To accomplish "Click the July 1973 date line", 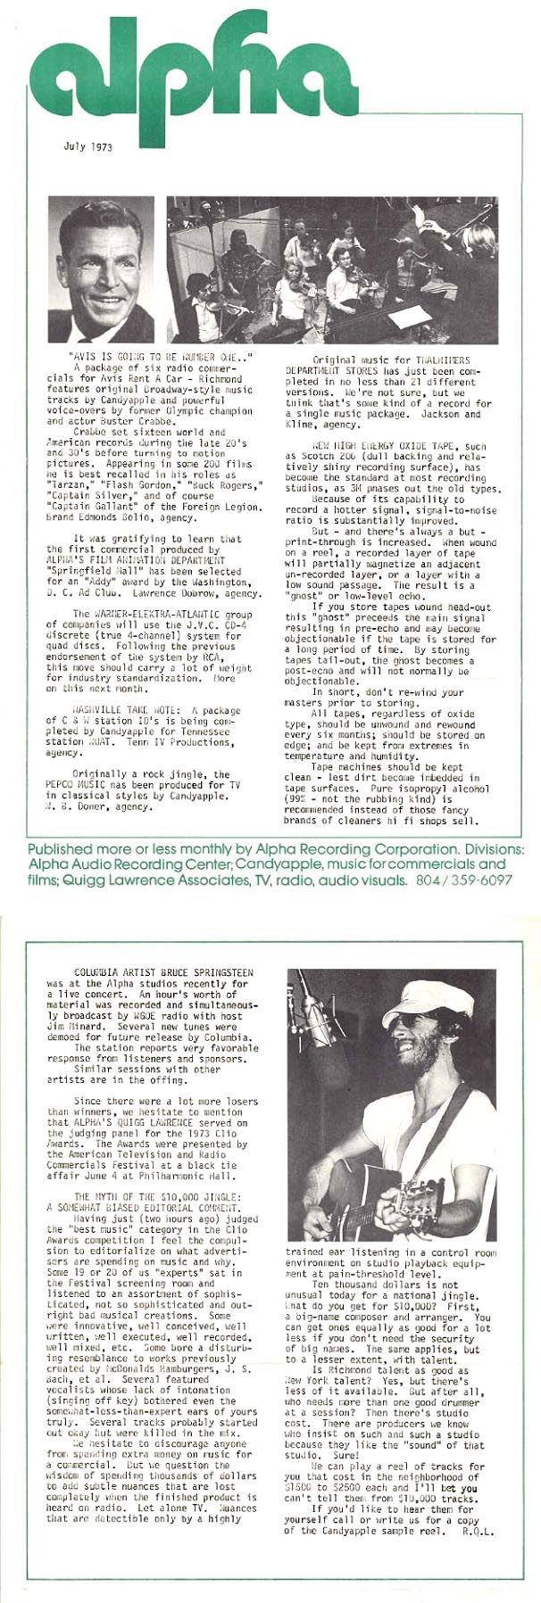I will point(88,146).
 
